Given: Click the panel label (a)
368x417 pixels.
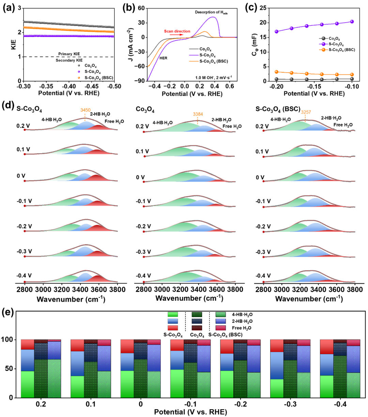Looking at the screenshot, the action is click(9, 8).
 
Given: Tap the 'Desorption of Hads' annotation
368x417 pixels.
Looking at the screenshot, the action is click(211, 12).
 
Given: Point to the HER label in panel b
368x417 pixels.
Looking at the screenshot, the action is click(163, 58).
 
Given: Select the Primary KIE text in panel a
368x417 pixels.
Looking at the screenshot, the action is click(69, 54).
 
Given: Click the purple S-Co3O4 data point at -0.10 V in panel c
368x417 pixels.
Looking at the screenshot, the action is click(352, 21).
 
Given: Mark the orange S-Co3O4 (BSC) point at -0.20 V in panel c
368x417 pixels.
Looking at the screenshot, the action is click(277, 72).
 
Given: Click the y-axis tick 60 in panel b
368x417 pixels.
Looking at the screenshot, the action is click(141, 8).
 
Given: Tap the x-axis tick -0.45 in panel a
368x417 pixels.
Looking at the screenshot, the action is click(91, 86).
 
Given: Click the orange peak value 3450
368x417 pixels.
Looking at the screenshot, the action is click(85, 110).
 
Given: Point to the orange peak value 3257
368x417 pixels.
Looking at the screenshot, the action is click(306, 112).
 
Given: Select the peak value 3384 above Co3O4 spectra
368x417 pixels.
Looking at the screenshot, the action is click(198, 114).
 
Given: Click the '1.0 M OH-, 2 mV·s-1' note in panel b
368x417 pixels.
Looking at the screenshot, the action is click(214, 77).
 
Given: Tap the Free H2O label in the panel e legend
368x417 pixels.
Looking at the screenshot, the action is click(242, 328).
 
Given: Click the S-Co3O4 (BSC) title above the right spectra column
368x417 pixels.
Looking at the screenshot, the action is click(278, 109).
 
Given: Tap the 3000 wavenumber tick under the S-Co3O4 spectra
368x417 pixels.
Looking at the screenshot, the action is click(43, 290).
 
